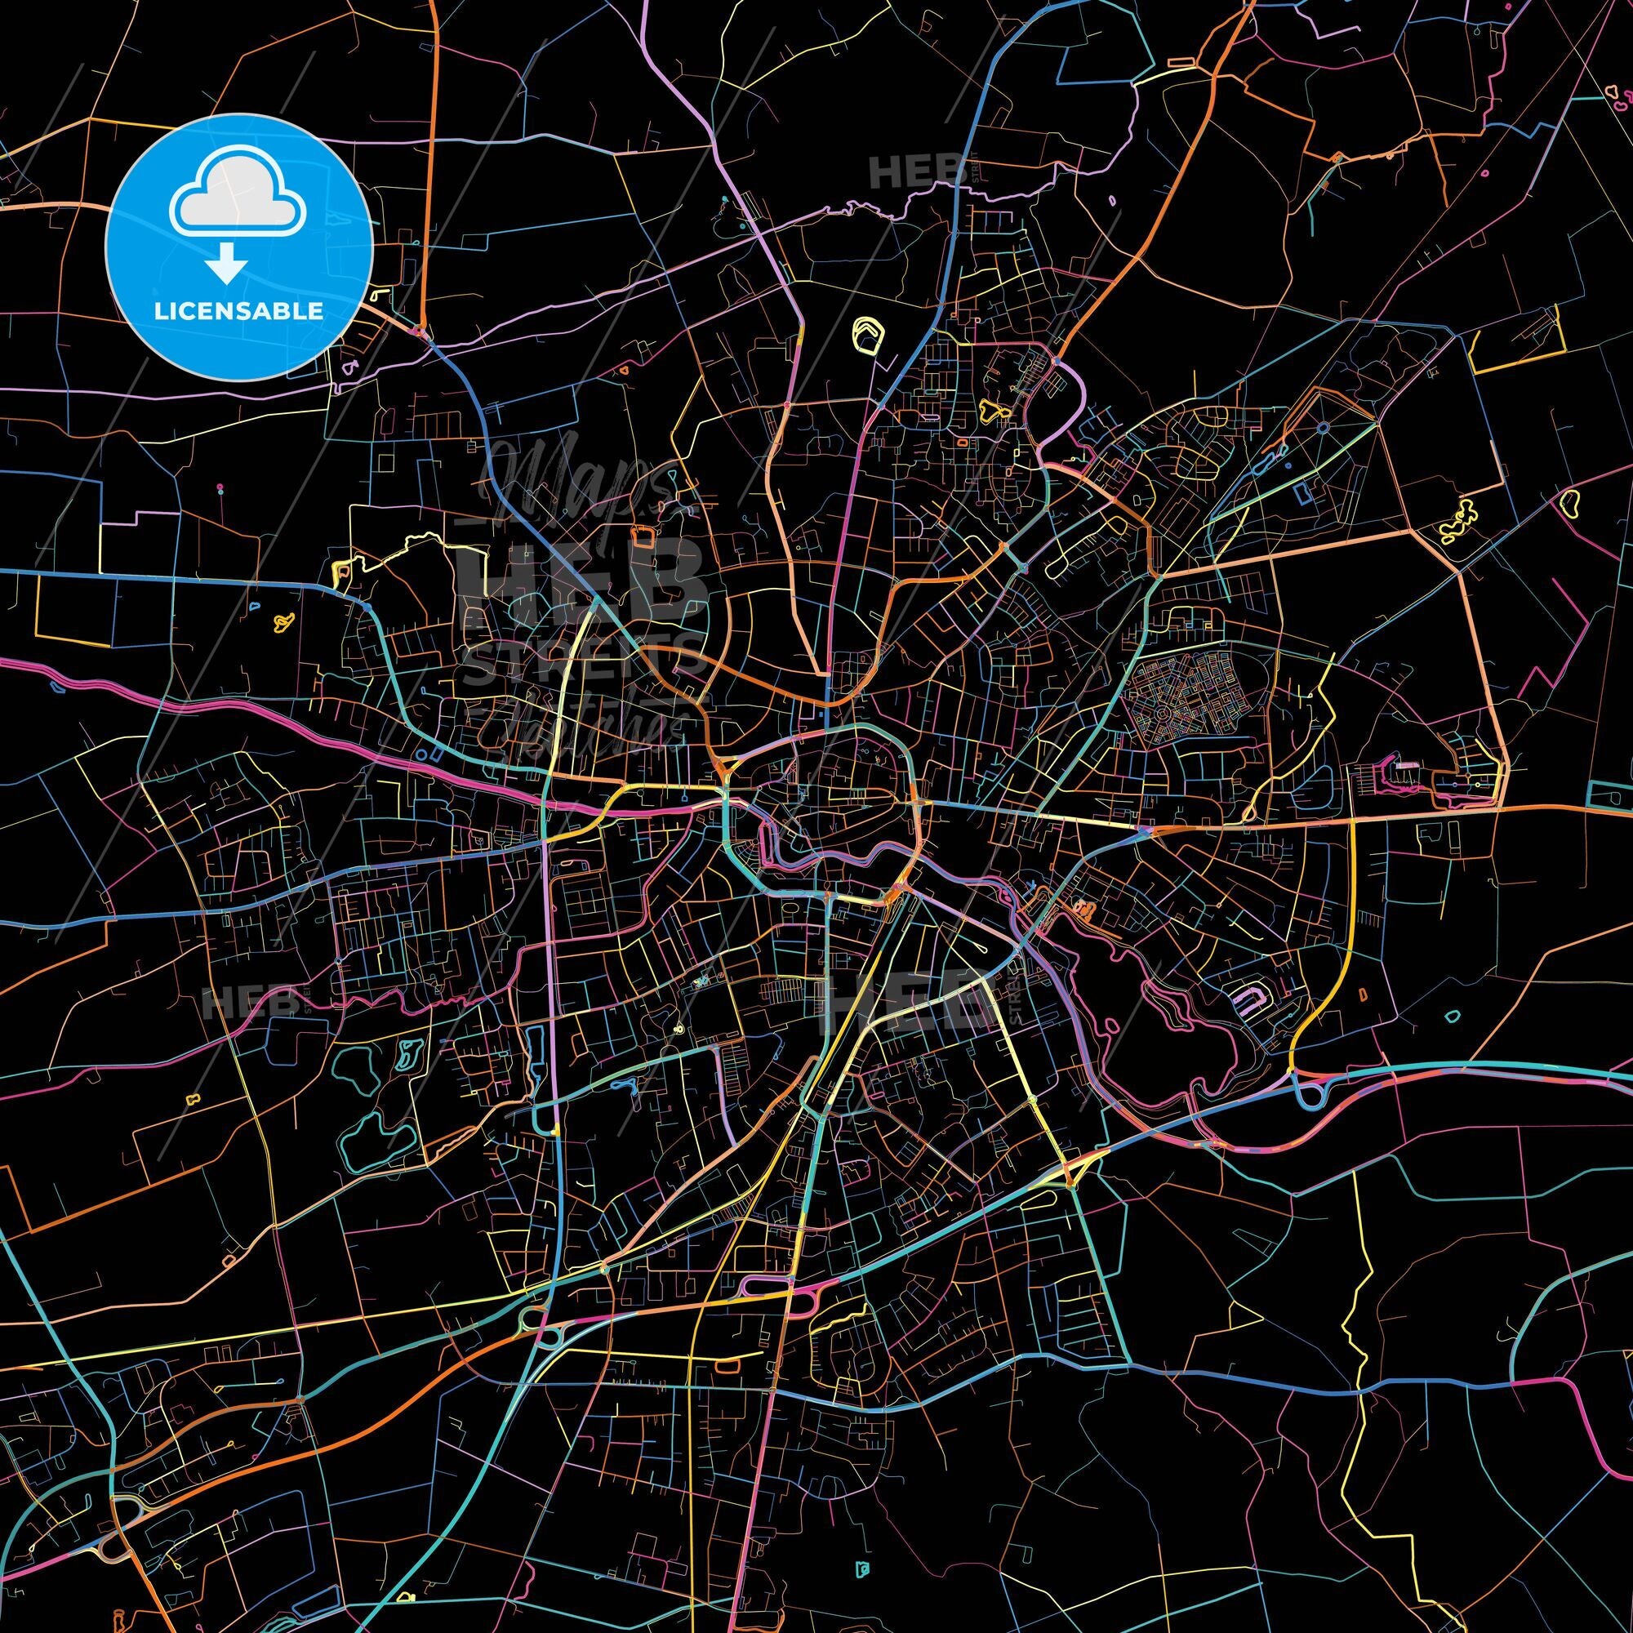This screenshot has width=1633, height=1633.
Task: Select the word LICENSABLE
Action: (x=238, y=311)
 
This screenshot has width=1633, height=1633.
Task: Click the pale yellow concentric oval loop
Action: (x=865, y=334)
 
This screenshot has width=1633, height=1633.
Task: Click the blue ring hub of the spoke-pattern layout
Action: (x=1321, y=428)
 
